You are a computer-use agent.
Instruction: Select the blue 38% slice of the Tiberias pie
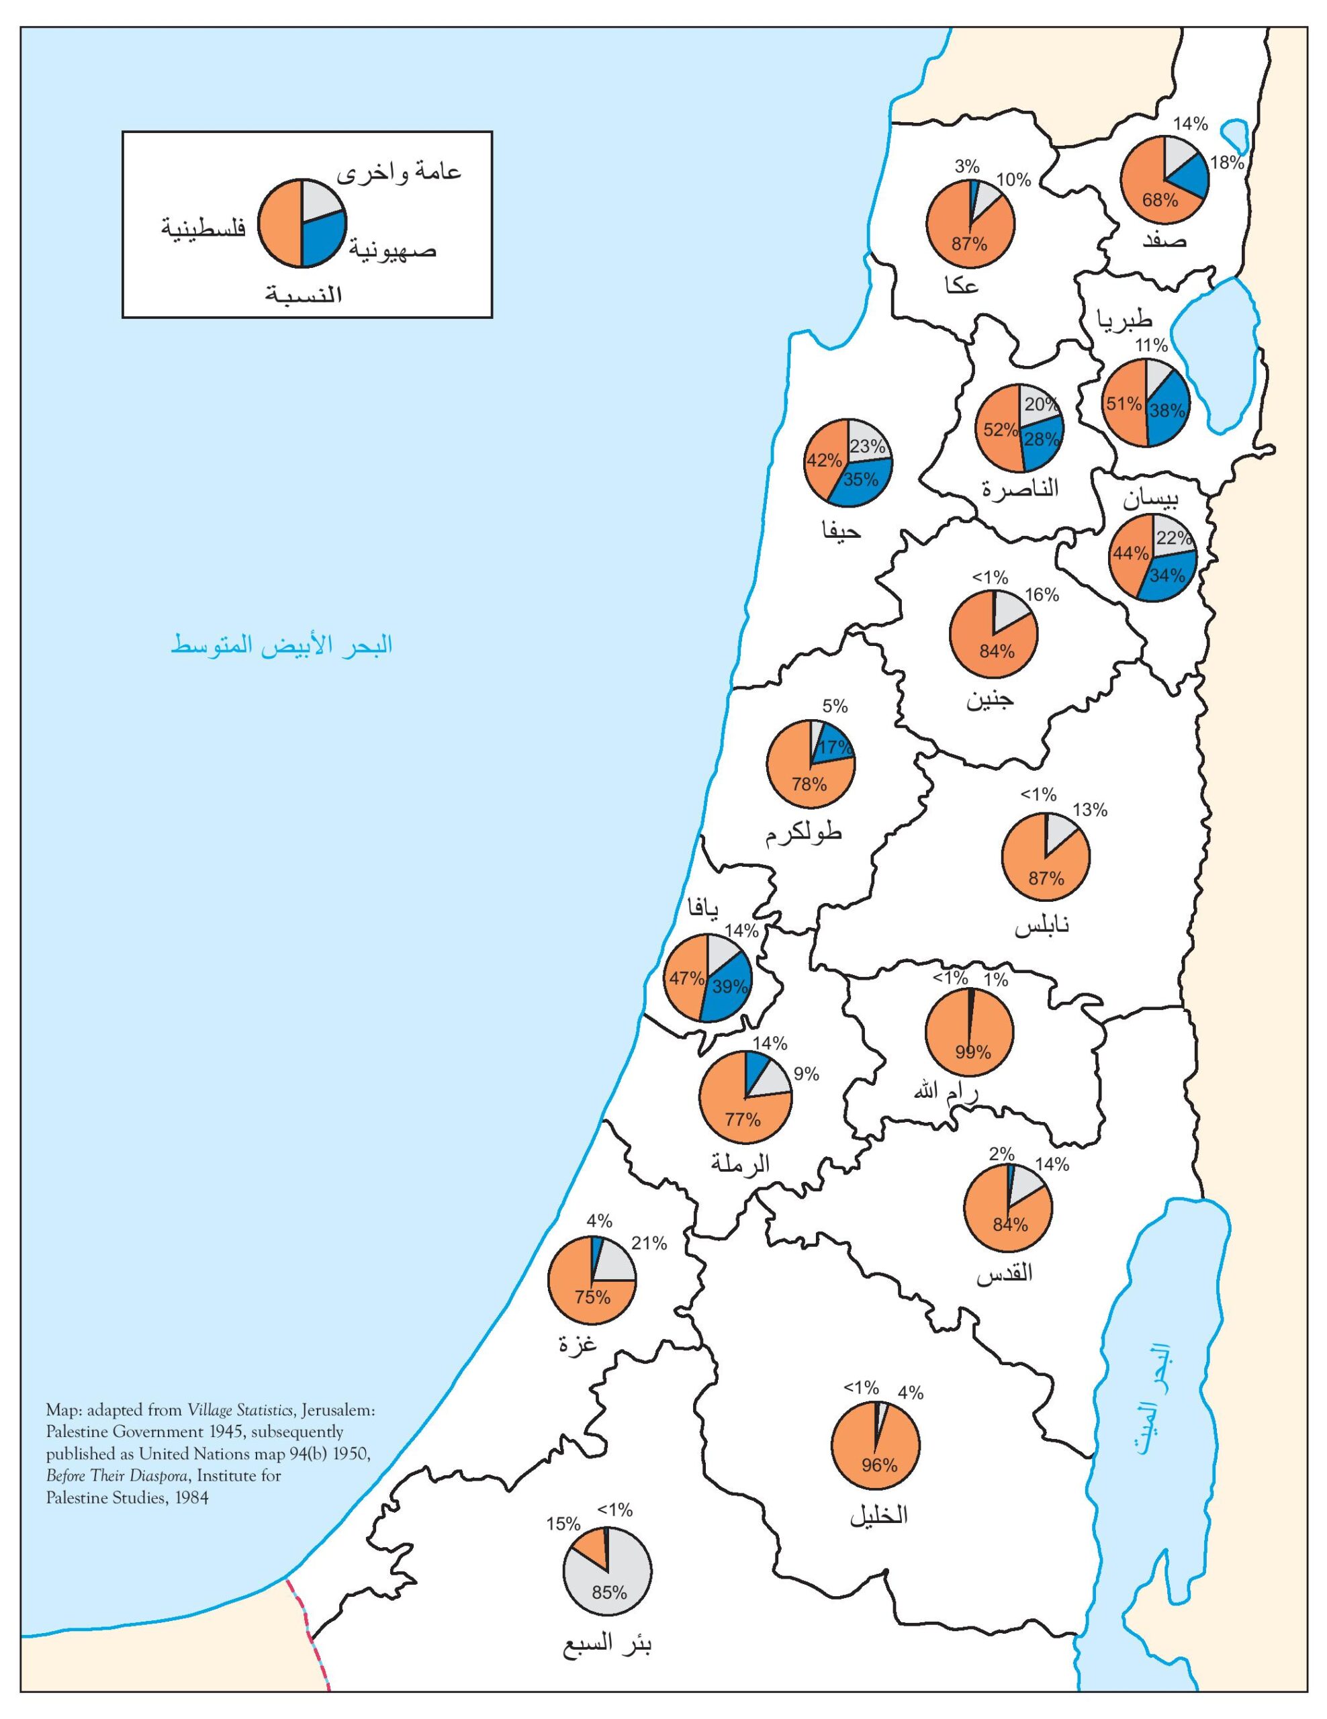pos(1167,411)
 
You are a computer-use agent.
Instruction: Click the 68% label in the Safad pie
pos(1160,200)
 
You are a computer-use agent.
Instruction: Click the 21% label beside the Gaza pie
pos(649,1243)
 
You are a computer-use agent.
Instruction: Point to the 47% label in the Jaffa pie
pos(686,978)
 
